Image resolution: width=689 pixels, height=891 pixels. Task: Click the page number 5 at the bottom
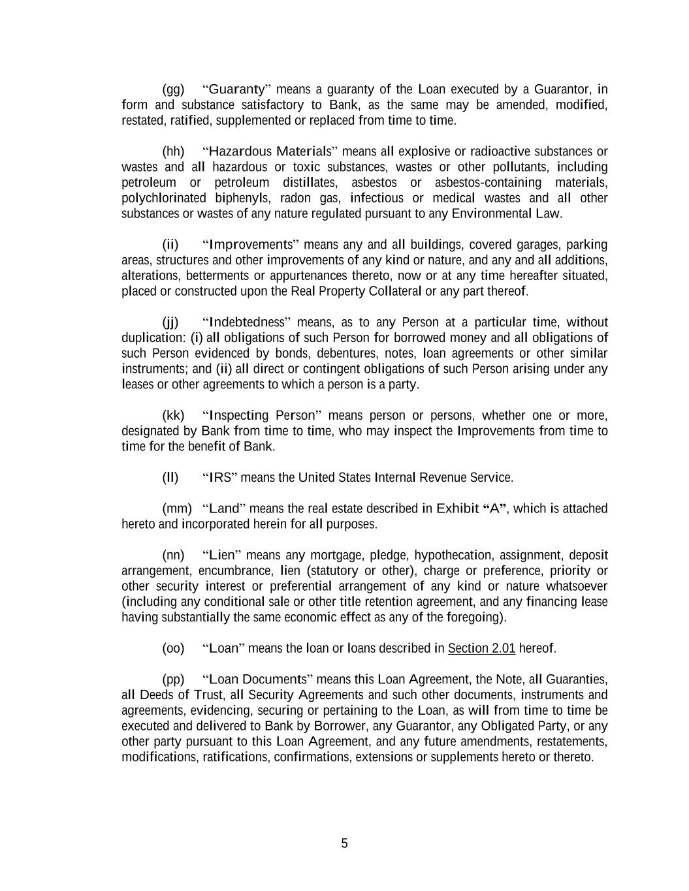click(x=344, y=843)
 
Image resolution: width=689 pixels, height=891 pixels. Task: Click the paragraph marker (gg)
click(x=173, y=89)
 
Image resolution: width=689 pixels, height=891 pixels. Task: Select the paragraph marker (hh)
click(x=173, y=151)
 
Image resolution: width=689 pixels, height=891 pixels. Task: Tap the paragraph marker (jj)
click(x=170, y=322)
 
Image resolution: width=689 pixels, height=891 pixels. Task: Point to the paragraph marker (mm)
click(x=177, y=508)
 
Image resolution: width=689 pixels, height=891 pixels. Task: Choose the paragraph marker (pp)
click(x=173, y=680)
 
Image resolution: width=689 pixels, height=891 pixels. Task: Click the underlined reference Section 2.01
click(x=481, y=648)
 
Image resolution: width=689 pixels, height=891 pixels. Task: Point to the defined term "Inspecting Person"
click(x=263, y=416)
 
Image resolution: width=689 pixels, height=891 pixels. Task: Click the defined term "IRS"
click(x=220, y=478)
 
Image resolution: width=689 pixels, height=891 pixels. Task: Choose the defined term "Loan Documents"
click(x=258, y=680)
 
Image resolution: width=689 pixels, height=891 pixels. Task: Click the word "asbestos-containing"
click(x=488, y=183)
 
